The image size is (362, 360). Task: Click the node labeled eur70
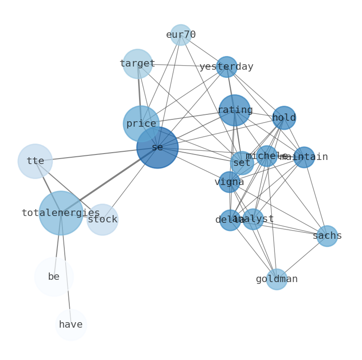tap(181, 35)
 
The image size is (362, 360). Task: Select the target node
tap(137, 64)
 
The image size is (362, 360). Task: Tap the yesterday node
tap(226, 67)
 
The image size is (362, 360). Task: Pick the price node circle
tap(141, 123)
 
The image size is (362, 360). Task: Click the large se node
tap(157, 147)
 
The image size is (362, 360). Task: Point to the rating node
tap(234, 110)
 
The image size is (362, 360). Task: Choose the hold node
tap(284, 118)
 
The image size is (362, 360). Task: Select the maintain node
tap(304, 157)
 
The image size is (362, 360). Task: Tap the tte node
tap(35, 161)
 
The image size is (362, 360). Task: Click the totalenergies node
tap(61, 213)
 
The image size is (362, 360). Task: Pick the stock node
tap(103, 220)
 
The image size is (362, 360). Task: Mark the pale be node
tap(54, 277)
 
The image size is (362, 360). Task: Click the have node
tap(71, 325)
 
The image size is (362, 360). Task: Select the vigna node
tap(229, 182)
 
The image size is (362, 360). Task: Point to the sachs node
tap(327, 236)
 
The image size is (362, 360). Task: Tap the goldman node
tap(276, 279)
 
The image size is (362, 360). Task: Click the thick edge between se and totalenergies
tap(109, 180)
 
